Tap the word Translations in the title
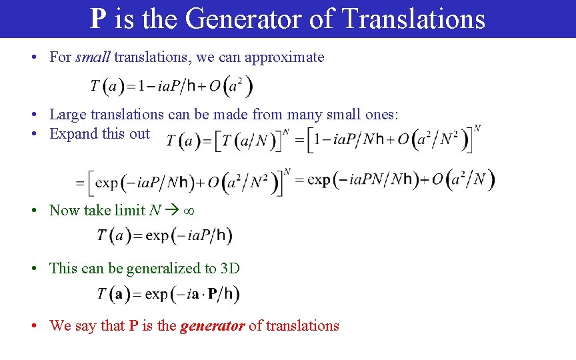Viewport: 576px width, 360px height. click(x=413, y=19)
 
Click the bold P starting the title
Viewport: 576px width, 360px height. click(x=98, y=19)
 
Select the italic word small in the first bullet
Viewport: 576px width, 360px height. click(x=93, y=57)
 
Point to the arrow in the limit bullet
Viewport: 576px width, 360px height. click(x=172, y=211)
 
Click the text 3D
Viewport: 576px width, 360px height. click(x=230, y=268)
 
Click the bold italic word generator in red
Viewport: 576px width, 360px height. click(x=212, y=326)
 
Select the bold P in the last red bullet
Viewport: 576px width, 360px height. click(x=133, y=326)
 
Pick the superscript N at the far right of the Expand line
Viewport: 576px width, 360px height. click(x=477, y=128)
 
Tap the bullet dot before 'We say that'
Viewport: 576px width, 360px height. click(x=33, y=326)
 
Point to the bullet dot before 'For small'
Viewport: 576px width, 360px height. click(x=33, y=57)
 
